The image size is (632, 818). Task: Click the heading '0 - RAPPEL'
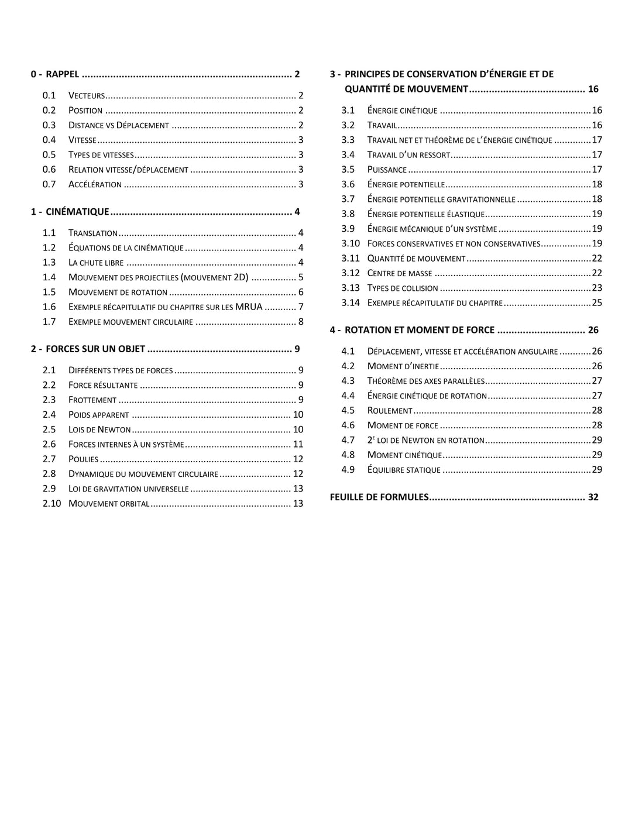click(55, 74)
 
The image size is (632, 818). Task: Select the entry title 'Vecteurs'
click(87, 95)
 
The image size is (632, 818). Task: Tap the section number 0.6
click(49, 170)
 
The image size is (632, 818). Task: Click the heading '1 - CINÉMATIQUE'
click(70, 212)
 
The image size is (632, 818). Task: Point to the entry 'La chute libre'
click(96, 263)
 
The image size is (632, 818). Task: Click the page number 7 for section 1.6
click(301, 307)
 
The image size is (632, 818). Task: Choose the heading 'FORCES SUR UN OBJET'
click(95, 349)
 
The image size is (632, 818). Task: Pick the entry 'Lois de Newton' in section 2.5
click(99, 429)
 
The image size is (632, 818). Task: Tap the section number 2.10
click(51, 504)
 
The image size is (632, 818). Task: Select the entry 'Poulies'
click(84, 459)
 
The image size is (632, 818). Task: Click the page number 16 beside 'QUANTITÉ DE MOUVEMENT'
click(593, 90)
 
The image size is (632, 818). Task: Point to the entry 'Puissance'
click(387, 170)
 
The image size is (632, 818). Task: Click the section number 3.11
click(351, 259)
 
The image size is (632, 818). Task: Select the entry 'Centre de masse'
click(400, 273)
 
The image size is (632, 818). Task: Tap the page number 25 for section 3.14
click(597, 303)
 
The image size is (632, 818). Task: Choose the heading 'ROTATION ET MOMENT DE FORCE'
click(420, 331)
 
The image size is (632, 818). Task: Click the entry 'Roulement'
click(390, 411)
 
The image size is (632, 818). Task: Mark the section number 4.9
click(348, 470)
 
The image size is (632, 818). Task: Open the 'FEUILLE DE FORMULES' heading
click(379, 497)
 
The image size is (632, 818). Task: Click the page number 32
click(593, 497)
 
